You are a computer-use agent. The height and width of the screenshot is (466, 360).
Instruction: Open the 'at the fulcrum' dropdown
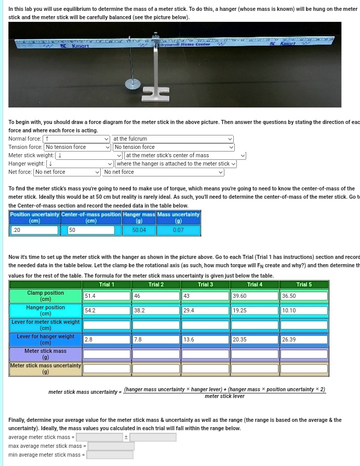point(172,139)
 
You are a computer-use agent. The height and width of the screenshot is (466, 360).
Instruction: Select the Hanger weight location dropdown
point(176,164)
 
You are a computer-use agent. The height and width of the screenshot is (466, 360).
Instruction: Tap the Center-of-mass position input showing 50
point(90,230)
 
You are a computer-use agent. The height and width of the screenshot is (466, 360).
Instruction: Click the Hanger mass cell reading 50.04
point(139,230)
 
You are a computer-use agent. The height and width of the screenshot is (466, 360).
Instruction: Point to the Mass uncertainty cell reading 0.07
point(178,230)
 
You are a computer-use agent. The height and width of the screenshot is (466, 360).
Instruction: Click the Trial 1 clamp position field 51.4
point(106,296)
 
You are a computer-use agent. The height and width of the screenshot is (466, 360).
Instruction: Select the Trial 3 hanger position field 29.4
point(205,310)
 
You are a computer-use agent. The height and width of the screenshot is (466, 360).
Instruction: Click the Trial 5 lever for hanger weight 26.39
point(304,339)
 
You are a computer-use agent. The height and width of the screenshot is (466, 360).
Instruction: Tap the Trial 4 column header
point(255,284)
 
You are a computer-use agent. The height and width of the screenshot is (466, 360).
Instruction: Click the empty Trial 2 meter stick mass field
point(155,354)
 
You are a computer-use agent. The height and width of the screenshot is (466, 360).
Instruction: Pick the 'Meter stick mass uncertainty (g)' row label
point(46,368)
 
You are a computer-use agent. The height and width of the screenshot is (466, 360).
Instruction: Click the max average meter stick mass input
point(111,446)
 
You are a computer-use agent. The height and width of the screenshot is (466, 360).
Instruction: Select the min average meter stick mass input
point(110,455)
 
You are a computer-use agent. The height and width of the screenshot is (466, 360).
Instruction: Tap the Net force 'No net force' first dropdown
point(68,172)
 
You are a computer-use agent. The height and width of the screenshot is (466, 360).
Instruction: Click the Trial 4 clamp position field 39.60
point(255,296)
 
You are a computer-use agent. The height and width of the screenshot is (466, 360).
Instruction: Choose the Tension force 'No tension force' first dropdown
point(78,147)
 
